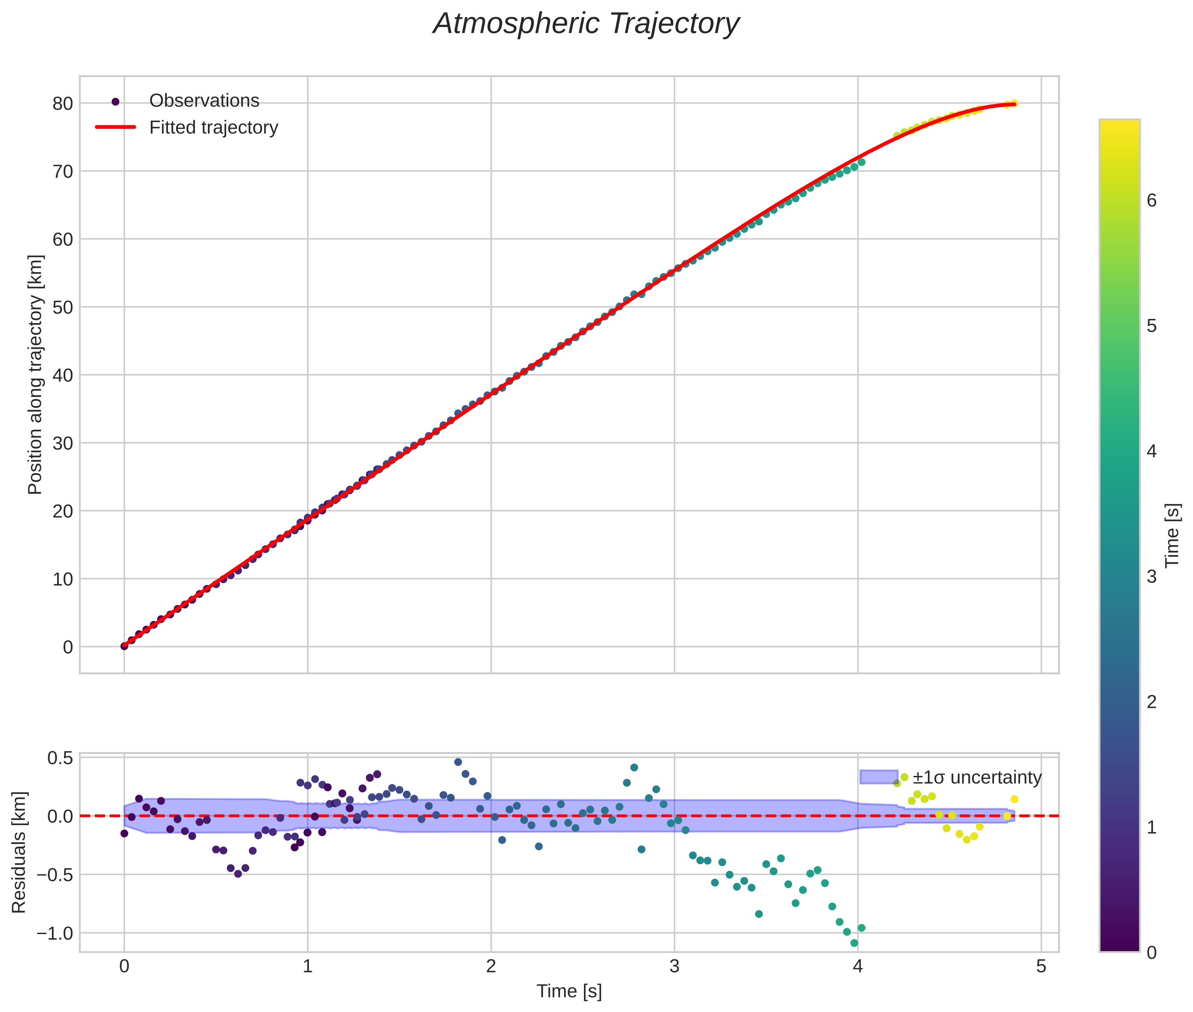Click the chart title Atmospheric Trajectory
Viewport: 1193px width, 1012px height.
point(586,24)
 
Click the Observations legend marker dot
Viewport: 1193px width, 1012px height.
point(115,101)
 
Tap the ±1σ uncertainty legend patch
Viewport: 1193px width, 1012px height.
point(878,777)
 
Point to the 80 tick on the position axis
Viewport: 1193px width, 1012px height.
point(63,104)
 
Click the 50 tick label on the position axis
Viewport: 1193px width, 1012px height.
point(63,307)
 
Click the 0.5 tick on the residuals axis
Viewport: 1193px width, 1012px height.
point(59,758)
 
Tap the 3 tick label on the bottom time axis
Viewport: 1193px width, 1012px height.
point(674,966)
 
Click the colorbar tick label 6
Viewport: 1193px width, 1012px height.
point(1151,201)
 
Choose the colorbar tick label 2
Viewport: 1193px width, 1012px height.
point(1151,702)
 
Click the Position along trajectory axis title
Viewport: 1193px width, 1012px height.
point(36,374)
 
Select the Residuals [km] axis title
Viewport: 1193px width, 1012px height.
point(19,852)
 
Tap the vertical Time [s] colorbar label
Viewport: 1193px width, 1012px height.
point(1173,535)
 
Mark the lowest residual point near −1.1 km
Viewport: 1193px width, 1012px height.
point(854,943)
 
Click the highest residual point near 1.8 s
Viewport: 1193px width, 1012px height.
point(458,762)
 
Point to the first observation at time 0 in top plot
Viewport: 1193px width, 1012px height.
point(124,646)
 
